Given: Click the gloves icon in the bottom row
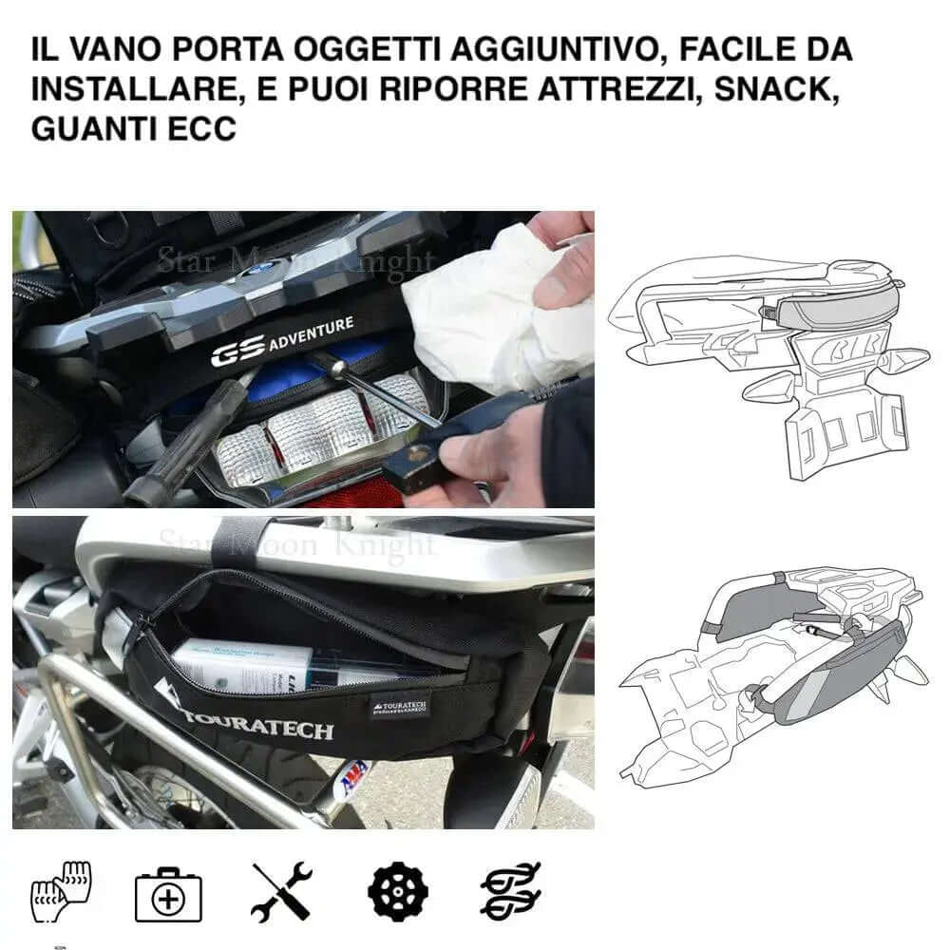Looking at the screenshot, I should pos(59,891).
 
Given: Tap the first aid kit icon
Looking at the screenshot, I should pos(167,893).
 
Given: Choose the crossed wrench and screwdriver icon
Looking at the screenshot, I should pos(282,891).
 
